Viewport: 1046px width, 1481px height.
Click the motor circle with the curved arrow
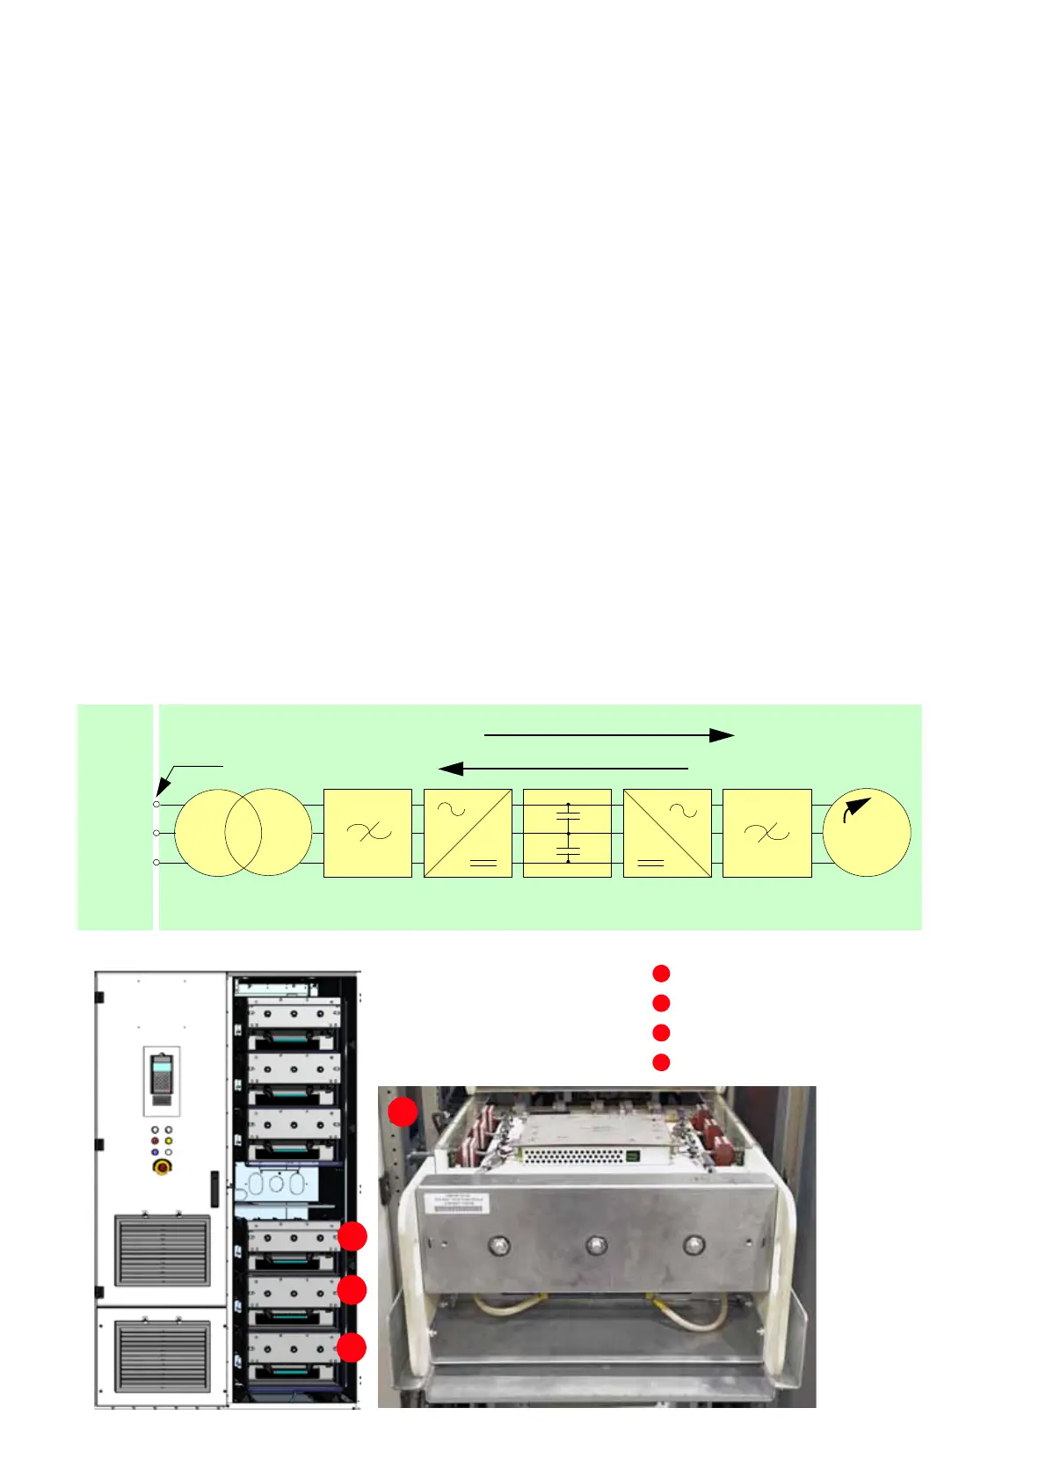(866, 832)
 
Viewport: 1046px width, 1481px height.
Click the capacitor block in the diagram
(567, 833)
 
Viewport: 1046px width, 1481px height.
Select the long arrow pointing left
(563, 769)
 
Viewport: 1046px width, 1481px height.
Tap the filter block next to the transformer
(367, 833)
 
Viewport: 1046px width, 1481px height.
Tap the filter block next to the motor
(766, 833)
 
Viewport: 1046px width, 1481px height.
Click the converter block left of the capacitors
(468, 833)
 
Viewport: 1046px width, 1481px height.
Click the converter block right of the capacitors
(667, 833)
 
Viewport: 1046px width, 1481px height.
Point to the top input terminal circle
(156, 804)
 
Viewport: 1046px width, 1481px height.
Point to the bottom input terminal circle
(156, 863)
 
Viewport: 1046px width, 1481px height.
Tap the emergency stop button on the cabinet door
(162, 1167)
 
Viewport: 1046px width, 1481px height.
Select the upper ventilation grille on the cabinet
(163, 1250)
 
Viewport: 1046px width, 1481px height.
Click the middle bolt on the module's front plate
(596, 1245)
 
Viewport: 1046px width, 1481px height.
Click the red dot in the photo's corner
(403, 1111)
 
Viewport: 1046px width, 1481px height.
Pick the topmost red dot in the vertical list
(661, 974)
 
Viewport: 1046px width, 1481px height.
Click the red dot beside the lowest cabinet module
(352, 1347)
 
